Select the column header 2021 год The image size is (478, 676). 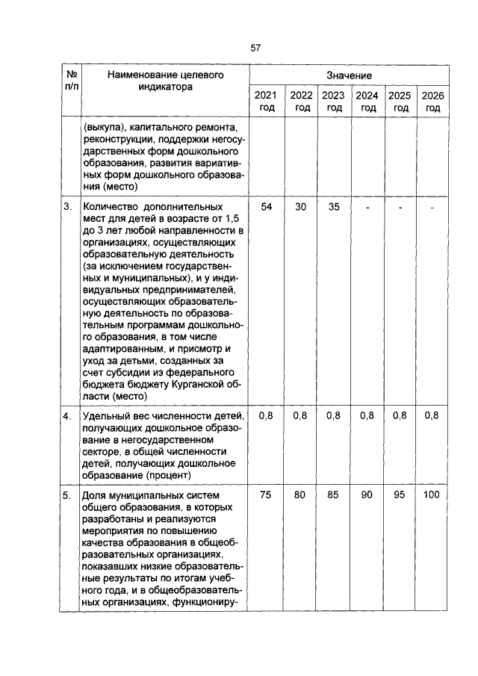tap(265, 102)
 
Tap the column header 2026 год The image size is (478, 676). tap(432, 102)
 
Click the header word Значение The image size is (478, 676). tap(349, 76)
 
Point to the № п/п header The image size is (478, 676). tap(72, 81)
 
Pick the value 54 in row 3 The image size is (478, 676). tap(266, 206)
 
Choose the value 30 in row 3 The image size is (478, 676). tap(300, 206)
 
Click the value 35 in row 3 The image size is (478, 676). tap(333, 206)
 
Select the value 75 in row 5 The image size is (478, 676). tap(266, 494)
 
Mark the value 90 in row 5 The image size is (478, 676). tap(366, 494)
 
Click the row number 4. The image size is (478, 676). tap(67, 415)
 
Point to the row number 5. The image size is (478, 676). tap(67, 494)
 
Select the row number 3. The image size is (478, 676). tap(67, 206)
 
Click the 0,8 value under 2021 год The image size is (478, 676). tap(266, 415)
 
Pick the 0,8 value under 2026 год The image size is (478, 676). tap(432, 415)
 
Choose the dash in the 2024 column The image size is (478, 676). tap(367, 207)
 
